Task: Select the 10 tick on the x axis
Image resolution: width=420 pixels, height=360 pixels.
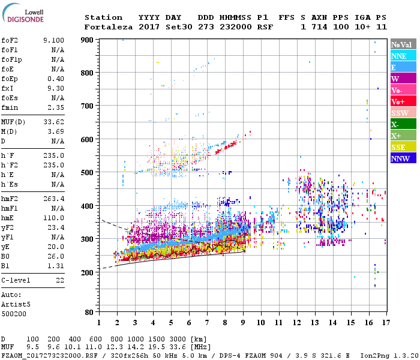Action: pyautogui.click(x=260, y=323)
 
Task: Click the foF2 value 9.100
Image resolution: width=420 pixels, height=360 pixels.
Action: pyautogui.click(x=53, y=40)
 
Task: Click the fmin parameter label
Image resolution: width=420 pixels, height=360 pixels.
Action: pyautogui.click(x=10, y=107)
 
